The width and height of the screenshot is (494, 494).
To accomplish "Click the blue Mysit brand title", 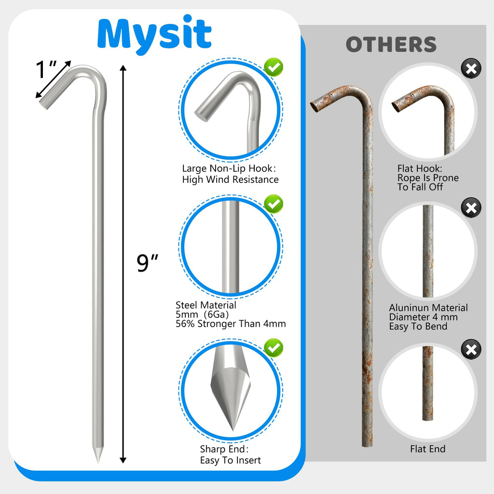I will pos(154,34).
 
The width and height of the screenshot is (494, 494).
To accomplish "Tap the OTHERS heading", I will pos(391,45).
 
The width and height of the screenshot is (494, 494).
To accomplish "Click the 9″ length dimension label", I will pos(148,263).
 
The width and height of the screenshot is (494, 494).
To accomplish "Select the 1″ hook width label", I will pos(47,70).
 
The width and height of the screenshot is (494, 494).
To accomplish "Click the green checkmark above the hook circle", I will pos(274,68).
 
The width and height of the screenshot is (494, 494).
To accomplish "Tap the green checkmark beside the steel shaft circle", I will pos(274,204).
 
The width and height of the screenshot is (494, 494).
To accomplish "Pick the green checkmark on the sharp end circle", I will pos(274,347).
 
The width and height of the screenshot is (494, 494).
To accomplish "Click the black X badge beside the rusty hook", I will pos(471,69).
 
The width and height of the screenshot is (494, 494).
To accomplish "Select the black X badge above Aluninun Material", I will pos(471,208).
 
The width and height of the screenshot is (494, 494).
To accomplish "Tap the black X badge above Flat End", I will pos(471,349).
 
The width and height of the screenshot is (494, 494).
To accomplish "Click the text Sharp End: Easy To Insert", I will pos(230,454).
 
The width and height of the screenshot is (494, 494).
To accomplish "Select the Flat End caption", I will pos(427,449).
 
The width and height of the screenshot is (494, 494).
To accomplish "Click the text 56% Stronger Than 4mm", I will pos(231,324).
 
